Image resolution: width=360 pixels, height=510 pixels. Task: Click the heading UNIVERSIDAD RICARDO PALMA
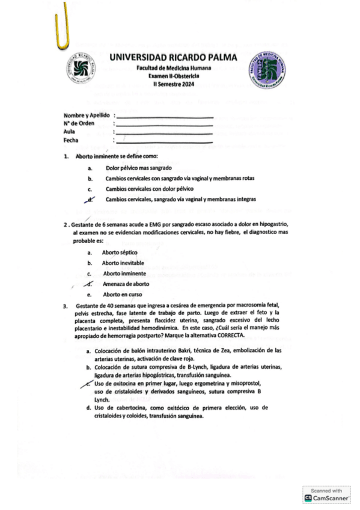174,58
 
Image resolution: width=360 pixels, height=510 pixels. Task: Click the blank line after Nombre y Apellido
164,116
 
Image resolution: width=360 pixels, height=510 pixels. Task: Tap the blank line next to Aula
164,133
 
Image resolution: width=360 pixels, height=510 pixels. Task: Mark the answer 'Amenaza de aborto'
126,284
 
